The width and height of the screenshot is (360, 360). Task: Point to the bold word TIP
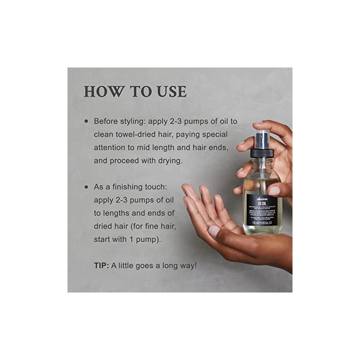click(x=101, y=265)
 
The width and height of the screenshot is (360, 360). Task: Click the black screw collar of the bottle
click(x=261, y=153)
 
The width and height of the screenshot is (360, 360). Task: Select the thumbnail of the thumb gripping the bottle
click(x=274, y=190)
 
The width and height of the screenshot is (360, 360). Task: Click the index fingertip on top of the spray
click(x=259, y=122)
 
